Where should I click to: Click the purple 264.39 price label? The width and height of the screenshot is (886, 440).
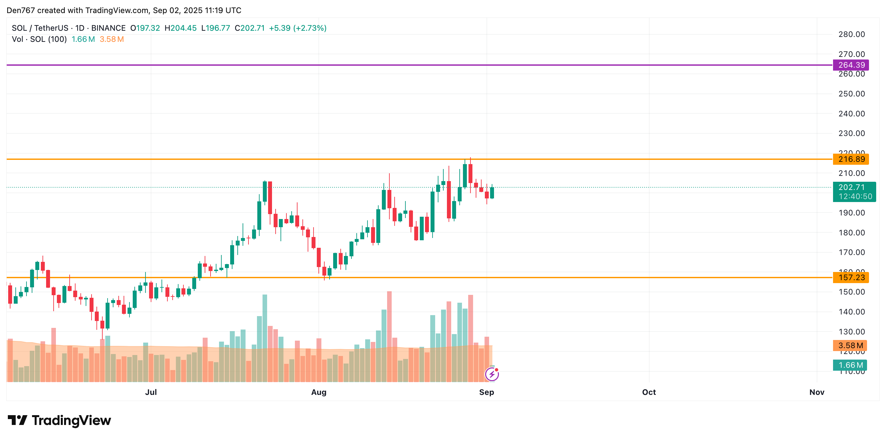pos(851,65)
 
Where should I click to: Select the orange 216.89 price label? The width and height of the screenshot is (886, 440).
pos(851,159)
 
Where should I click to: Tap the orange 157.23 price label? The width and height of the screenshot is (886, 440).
pos(851,278)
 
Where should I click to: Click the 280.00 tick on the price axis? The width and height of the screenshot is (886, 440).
pos(851,34)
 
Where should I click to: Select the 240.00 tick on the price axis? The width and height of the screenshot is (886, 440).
pos(851,114)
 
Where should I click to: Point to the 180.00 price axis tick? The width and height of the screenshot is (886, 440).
pos(851,233)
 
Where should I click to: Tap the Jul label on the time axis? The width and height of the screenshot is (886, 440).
pos(151,392)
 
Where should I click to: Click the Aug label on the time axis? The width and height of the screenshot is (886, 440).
pos(318,392)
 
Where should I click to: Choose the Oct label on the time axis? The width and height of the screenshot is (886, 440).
pos(649,392)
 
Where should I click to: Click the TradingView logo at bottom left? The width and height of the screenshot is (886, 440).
pos(60,420)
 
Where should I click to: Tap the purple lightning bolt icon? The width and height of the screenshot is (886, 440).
pos(492,374)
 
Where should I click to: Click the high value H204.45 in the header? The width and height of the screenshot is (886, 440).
pos(180,28)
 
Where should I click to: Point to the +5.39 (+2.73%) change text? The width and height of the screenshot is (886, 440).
pos(298,28)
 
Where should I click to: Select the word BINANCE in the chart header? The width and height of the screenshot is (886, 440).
pos(108,28)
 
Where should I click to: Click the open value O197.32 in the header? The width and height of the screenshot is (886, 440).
pos(145,28)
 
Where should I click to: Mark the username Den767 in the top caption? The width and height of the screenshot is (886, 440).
pos(21,10)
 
